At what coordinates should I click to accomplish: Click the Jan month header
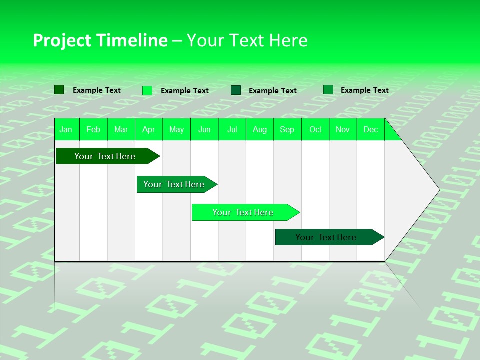[66, 129]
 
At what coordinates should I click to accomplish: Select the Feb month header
[93, 129]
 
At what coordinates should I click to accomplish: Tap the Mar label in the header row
[121, 129]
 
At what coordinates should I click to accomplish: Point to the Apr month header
[149, 129]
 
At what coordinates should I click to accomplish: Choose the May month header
[176, 129]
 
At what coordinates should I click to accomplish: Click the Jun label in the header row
[204, 129]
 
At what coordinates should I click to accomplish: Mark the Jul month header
[232, 129]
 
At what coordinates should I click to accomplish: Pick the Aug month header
[260, 129]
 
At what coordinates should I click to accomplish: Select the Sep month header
[287, 129]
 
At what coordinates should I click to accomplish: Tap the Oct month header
[315, 129]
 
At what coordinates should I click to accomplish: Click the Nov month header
[343, 129]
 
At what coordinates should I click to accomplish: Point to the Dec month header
[371, 129]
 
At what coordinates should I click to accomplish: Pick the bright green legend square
[147, 90]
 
